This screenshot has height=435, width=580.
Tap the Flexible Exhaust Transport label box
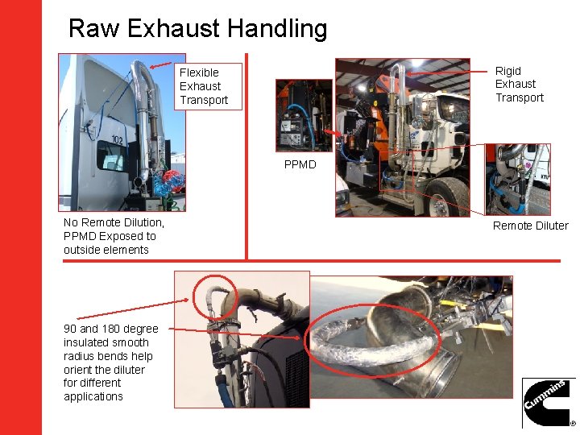(209, 86)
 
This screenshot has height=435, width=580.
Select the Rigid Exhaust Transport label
(519, 85)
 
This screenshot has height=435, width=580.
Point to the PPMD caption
(300, 165)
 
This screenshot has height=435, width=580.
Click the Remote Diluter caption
(530, 226)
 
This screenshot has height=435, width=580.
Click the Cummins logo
(547, 402)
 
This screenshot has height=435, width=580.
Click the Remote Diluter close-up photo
(517, 179)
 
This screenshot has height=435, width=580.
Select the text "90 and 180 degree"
(111, 329)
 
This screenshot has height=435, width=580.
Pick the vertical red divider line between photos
(246, 157)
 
